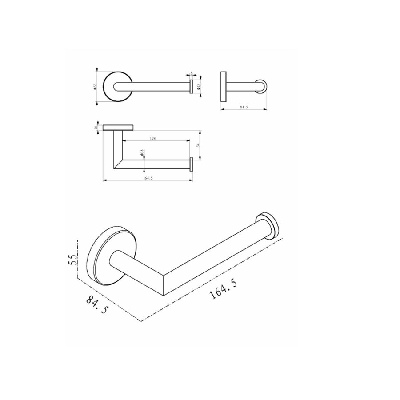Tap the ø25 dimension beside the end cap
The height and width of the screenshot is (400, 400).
pos(199,85)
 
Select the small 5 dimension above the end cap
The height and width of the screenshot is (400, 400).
pos(191,73)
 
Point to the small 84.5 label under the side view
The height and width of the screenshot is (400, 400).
pos(243,107)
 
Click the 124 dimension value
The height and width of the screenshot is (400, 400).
pos(152,139)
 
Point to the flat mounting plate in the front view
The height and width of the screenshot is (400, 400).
pos(117,128)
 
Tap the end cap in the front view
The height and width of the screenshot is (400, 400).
pos(192,164)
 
